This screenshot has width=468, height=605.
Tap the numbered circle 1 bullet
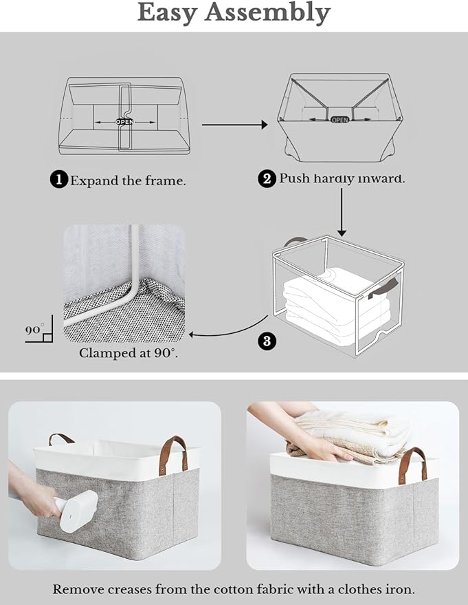coord(59,180)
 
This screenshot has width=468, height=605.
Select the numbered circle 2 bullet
coord(267,179)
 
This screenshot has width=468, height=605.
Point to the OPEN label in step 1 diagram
coord(124,122)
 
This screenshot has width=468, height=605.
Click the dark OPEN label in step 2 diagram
coord(340,119)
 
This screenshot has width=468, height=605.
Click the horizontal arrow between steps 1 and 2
coord(234,125)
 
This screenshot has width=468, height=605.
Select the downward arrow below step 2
coord(342,213)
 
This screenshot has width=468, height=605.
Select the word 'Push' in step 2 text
coord(293,179)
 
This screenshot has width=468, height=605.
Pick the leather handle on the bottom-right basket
coord(412,463)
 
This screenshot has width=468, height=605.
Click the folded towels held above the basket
coord(355,434)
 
